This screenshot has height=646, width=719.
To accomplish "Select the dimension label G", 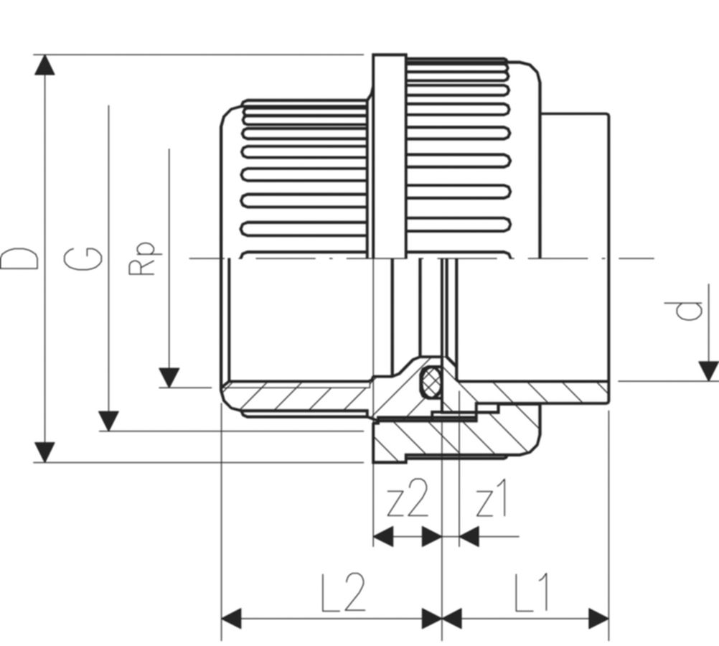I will (x=83, y=258).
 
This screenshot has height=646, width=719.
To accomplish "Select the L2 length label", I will (x=343, y=594).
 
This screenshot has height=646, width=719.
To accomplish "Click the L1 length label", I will (x=532, y=594).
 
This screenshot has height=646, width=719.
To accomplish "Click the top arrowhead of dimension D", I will (x=45, y=65).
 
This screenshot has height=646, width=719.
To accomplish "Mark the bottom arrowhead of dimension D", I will (x=45, y=452).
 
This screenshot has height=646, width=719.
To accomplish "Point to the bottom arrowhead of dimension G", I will (x=108, y=421).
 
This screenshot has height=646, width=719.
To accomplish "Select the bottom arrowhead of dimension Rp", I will (x=169, y=378).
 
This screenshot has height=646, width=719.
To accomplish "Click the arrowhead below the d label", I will (x=708, y=371).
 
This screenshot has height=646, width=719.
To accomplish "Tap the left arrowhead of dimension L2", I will (x=232, y=618).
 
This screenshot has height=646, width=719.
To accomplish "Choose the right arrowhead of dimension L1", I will (x=598, y=618).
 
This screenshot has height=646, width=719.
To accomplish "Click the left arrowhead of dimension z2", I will (x=384, y=536).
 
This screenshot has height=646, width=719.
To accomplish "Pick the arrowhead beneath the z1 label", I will (x=469, y=536).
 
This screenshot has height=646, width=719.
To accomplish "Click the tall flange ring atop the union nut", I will (x=388, y=154).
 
